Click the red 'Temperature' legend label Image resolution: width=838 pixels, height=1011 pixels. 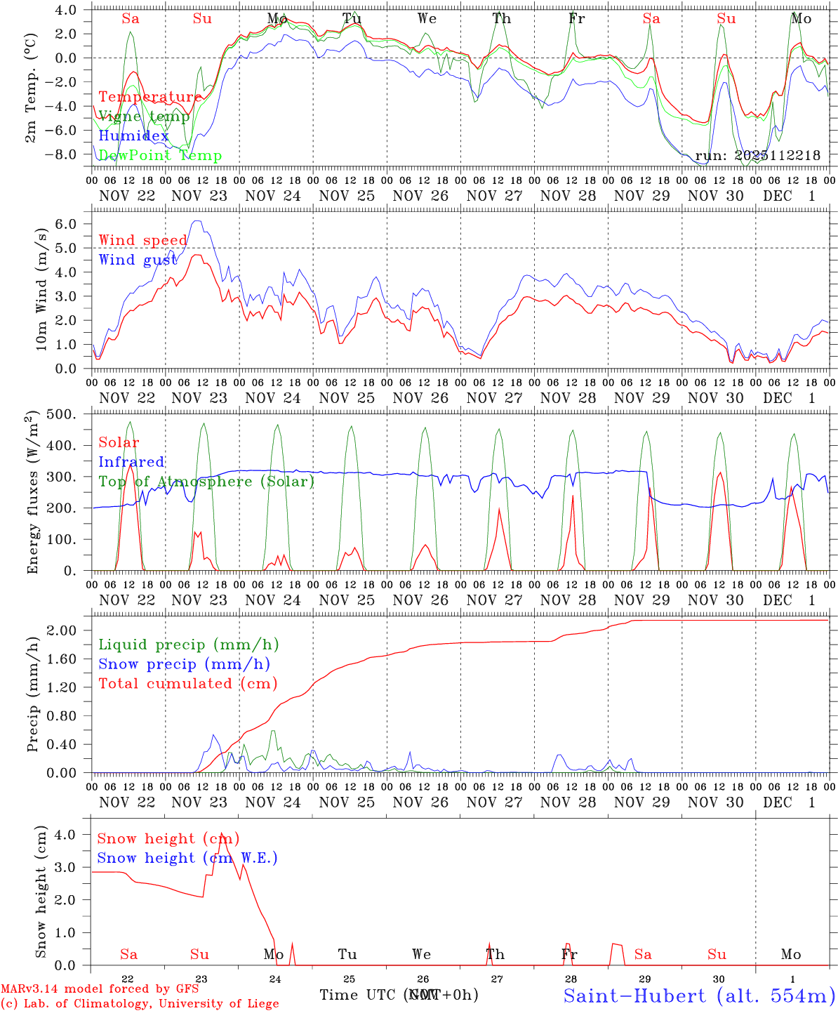coord(149,97)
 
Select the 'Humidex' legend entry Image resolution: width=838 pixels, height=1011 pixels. coord(133,136)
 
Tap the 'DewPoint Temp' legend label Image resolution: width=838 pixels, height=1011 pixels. coord(160,156)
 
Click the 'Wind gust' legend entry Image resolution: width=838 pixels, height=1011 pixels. coord(138,260)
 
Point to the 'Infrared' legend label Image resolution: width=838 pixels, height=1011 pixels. coord(131,462)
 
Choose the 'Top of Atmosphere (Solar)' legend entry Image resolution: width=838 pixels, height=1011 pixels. coord(206,482)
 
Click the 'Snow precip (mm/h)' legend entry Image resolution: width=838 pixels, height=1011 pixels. coord(184,664)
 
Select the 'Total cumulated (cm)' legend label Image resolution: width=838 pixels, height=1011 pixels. coord(187,683)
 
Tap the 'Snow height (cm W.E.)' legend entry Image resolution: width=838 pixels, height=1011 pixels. coord(187,858)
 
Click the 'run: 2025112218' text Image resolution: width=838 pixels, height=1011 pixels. coord(757,156)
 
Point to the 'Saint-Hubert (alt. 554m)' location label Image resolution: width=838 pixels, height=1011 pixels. coord(699,995)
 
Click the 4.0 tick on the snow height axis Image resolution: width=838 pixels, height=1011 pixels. coord(71,835)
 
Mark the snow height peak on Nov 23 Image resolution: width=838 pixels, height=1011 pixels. coord(222,833)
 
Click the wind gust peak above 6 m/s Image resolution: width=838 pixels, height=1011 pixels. coord(197,221)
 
